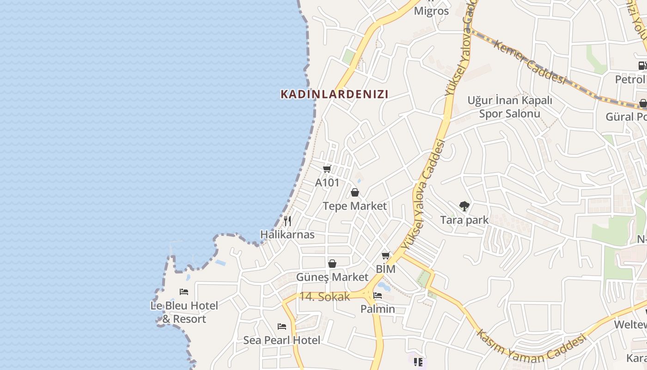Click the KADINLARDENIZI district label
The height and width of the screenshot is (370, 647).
(x=335, y=94)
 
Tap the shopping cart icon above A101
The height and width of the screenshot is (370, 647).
(x=327, y=169)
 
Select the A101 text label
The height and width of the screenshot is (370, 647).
(x=327, y=183)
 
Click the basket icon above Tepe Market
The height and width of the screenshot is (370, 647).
(x=355, y=192)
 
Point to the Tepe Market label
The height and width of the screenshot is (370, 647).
(x=354, y=206)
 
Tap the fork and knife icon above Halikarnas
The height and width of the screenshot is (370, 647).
(x=287, y=221)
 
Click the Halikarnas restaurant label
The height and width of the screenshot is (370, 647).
(x=287, y=234)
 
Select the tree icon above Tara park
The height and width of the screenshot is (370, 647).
(x=464, y=206)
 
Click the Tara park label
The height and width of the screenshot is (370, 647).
(x=464, y=220)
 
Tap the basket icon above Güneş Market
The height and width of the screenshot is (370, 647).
(x=332, y=264)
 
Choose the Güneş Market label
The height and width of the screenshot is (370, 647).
(x=332, y=277)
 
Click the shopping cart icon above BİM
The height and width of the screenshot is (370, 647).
(x=385, y=255)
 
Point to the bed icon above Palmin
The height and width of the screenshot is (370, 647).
(x=378, y=296)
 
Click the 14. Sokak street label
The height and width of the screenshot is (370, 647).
(x=324, y=297)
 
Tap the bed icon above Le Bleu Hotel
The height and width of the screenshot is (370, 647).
(x=184, y=292)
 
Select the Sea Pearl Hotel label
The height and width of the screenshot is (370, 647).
(x=282, y=340)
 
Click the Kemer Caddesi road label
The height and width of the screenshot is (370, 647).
(x=530, y=62)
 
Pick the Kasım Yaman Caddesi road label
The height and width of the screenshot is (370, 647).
(x=531, y=345)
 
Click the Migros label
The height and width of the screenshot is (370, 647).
(x=431, y=11)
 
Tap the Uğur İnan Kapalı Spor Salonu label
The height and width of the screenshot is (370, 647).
(x=510, y=107)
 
